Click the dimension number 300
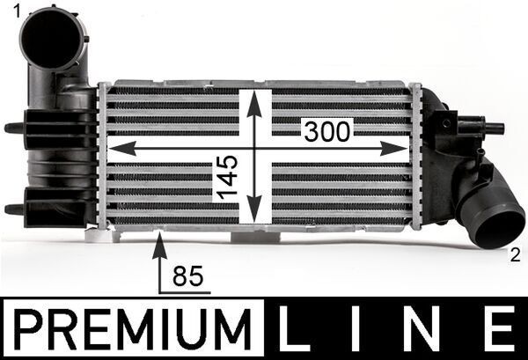pyautogui.click(x=327, y=132)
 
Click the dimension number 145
pyautogui.click(x=227, y=177)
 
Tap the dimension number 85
pyautogui.click(x=188, y=276)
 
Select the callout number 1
pyautogui.click(x=16, y=12)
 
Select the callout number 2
pyautogui.click(x=515, y=256)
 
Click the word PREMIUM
pyautogui.click(x=132, y=328)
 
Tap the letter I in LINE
pyautogui.click(x=356, y=328)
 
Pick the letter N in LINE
pyautogui.click(x=423, y=328)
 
